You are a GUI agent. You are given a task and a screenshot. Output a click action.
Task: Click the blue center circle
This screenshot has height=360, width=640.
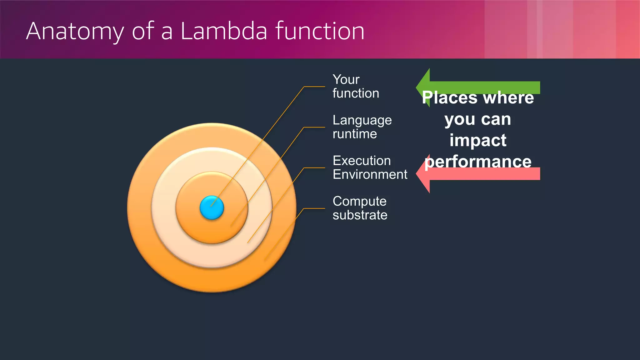pos(212,208)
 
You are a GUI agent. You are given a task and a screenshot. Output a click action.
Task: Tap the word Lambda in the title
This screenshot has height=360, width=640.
pos(224,31)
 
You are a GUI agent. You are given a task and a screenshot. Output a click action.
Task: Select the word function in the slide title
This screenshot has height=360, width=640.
pos(320,31)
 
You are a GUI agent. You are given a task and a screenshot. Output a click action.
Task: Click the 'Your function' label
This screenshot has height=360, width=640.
pos(355,87)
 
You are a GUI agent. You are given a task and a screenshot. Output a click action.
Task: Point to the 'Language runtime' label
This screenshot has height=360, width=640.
pos(362,127)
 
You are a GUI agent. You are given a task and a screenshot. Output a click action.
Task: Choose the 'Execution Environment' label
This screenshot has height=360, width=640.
pos(370,167)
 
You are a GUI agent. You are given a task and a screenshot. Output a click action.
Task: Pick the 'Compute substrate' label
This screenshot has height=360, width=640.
pos(360,208)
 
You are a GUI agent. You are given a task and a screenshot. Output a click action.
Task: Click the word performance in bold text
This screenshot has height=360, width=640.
pos(478,162)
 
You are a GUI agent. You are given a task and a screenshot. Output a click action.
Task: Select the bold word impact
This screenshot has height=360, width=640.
pos(478,140)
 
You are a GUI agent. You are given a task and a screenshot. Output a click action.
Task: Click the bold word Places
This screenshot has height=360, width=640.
pos(449,98)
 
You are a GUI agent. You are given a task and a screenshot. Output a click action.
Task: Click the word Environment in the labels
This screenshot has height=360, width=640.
pos(370,174)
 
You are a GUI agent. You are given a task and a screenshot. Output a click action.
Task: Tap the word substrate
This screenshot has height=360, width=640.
pos(360,215)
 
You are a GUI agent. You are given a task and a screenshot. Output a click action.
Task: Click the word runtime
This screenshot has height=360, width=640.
pos(355,134)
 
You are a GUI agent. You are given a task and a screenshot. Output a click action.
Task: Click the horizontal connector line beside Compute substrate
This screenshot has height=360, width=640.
pos(314,208)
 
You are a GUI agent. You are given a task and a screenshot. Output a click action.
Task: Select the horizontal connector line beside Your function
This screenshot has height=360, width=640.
pos(314,87)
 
